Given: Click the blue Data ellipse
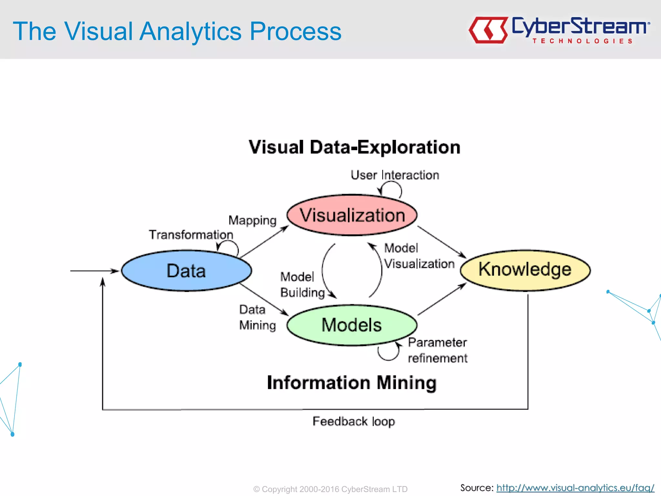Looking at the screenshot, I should click(186, 271).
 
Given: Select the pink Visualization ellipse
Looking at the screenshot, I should click(352, 215).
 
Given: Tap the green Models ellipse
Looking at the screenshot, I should click(352, 325).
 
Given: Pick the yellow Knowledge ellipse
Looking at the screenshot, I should click(525, 270).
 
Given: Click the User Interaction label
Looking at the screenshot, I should click(395, 175).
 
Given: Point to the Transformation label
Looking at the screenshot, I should click(191, 235).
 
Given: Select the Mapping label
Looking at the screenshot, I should click(252, 221).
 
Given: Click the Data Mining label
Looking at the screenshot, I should click(258, 317).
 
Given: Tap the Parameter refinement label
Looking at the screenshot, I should click(437, 350).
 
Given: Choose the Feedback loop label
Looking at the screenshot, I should click(354, 421).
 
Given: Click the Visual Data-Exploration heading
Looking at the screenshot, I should click(354, 147).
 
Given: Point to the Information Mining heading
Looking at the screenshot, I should click(352, 383).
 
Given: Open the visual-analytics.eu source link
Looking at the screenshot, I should click(575, 488).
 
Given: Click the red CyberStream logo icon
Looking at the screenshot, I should click(488, 30).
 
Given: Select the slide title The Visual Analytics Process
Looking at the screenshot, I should click(177, 31).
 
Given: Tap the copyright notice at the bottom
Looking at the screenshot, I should click(330, 489).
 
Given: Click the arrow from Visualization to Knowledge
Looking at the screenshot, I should click(442, 242).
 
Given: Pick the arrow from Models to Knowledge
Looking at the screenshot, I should click(442, 299).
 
